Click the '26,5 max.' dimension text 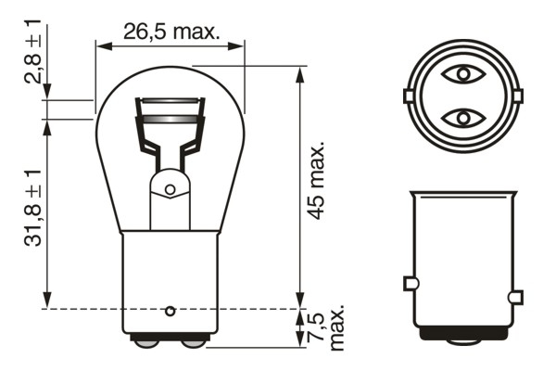(x=172, y=32)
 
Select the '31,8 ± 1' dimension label (x=33, y=207)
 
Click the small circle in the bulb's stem (x=170, y=189)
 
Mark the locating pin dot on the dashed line (x=170, y=308)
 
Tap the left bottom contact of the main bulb (x=145, y=343)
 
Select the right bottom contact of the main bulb (x=194, y=343)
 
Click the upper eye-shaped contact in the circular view (x=461, y=72)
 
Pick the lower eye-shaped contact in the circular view (x=461, y=118)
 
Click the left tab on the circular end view (x=408, y=96)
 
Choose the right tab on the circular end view (x=515, y=96)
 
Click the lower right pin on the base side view (x=515, y=298)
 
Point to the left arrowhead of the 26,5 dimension (x=103, y=44)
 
